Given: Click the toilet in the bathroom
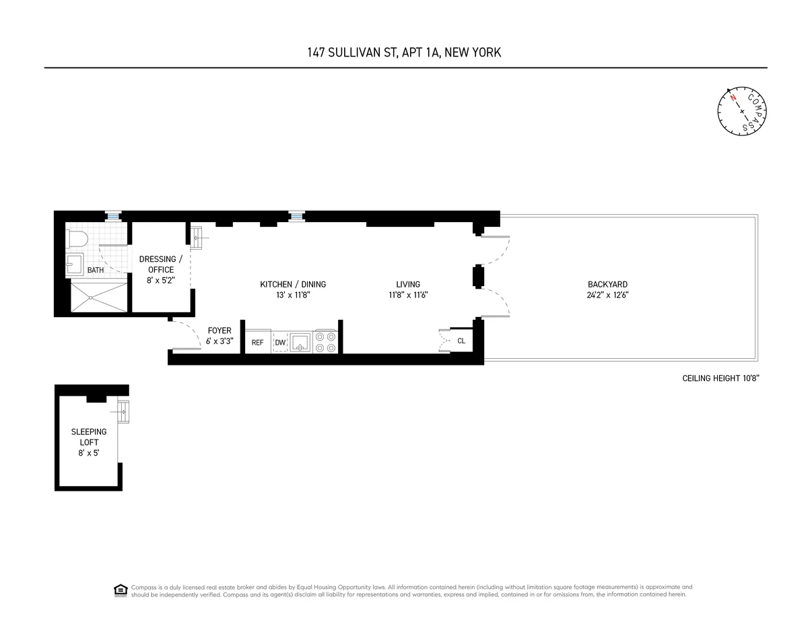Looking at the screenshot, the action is click(x=77, y=238).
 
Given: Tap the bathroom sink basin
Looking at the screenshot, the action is click(x=75, y=264).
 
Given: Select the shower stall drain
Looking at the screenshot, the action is click(x=90, y=298).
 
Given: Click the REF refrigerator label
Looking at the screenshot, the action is click(x=257, y=343).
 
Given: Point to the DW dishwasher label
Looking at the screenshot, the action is click(x=280, y=343).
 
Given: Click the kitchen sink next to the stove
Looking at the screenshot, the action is click(x=300, y=342).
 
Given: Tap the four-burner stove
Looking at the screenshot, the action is click(x=326, y=342).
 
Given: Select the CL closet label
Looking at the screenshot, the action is click(x=461, y=341).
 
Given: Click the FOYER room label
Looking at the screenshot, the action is click(x=220, y=331).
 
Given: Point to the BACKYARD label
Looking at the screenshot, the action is click(x=607, y=284).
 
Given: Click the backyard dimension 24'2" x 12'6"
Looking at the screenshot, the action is click(x=607, y=295).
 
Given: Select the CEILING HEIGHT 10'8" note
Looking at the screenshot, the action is click(x=720, y=378).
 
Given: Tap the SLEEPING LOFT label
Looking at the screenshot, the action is click(x=89, y=437).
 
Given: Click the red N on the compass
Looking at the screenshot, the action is click(x=733, y=98).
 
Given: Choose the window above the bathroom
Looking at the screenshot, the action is click(x=113, y=216).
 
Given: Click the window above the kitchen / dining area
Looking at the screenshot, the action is click(x=297, y=216).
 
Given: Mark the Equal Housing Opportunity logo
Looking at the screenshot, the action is click(x=121, y=590).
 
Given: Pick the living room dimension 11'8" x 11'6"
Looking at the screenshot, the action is click(x=408, y=295).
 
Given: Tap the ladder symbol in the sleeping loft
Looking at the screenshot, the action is click(x=123, y=412).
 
